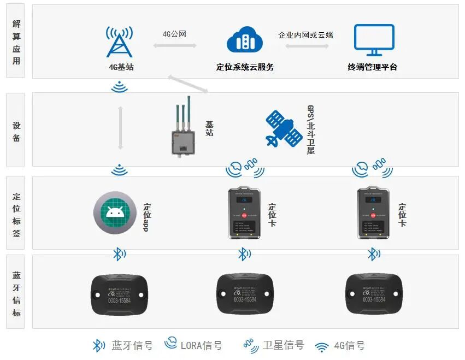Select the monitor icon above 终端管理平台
point(374,40)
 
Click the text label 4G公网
point(174,34)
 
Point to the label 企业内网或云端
point(305,34)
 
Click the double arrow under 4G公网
point(174,45)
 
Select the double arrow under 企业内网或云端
point(307,46)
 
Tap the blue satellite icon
point(284,129)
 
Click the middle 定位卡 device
point(244,213)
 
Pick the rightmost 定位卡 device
point(374,213)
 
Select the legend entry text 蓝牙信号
point(132,345)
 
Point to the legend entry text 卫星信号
point(282,345)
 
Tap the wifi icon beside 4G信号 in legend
point(322,346)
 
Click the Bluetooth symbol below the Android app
point(118,254)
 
